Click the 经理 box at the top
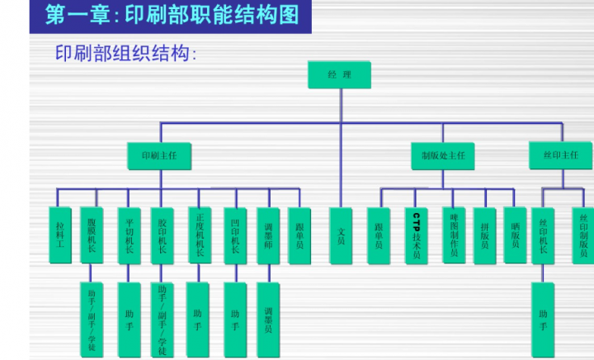[x=339, y=75]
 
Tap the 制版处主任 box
[x=442, y=154]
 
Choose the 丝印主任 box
[x=560, y=154]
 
